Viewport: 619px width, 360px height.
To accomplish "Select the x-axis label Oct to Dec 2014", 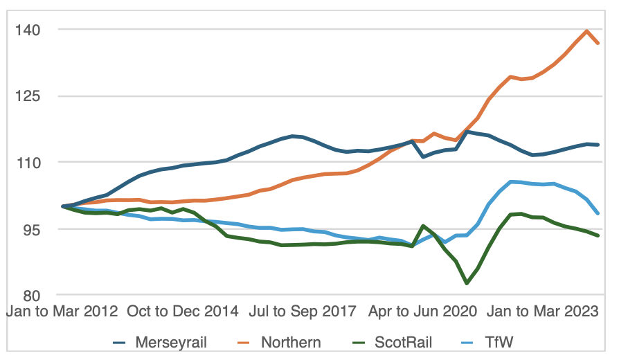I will (x=183, y=312).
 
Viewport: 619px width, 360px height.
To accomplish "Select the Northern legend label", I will (x=291, y=342).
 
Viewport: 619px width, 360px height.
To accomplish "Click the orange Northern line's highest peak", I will (x=587, y=30).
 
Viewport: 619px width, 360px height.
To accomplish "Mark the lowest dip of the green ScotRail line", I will (x=467, y=283).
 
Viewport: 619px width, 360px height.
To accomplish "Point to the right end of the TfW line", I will (x=598, y=213).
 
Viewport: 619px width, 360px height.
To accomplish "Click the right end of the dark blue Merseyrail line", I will (x=598, y=145).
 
